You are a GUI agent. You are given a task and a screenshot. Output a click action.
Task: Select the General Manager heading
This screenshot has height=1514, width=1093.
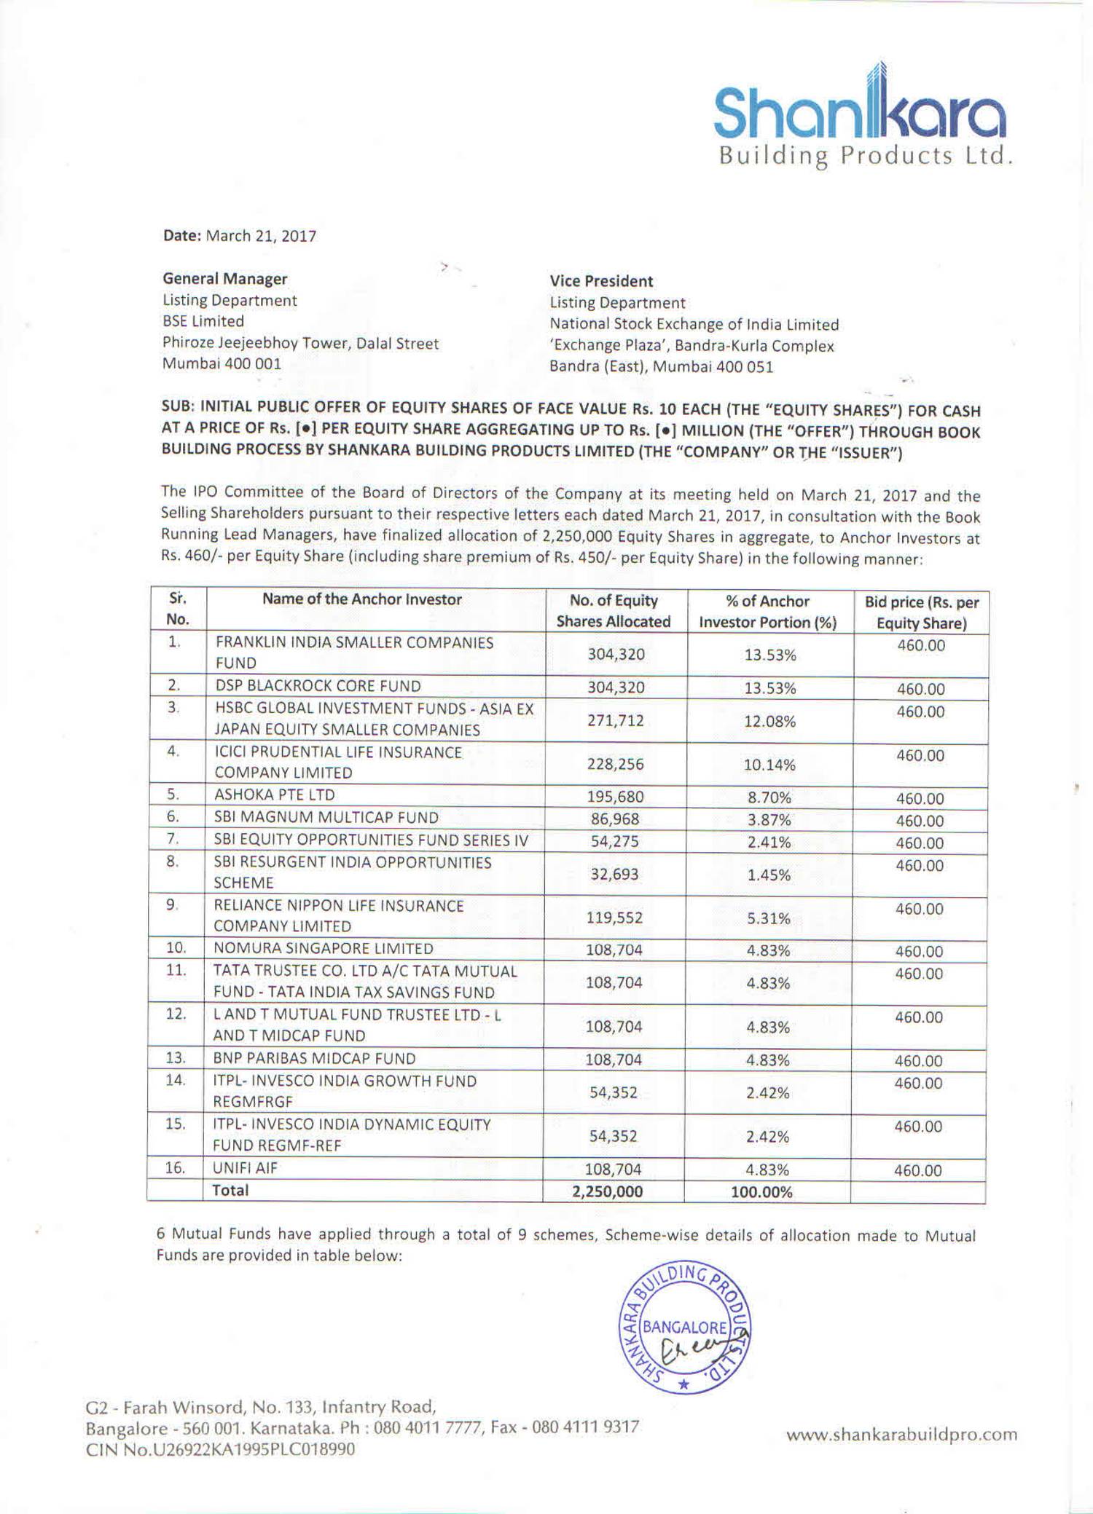224,278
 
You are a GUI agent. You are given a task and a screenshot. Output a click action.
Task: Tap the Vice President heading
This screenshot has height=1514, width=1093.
601,281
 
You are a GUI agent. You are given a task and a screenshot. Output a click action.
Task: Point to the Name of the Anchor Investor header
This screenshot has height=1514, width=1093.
362,599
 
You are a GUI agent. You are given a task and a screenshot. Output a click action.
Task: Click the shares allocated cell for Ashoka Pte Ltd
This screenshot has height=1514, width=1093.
615,797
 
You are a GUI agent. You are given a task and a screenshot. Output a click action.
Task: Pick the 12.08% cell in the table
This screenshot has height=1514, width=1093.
769,721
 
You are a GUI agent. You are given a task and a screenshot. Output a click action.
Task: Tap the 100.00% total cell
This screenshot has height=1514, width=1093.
761,1191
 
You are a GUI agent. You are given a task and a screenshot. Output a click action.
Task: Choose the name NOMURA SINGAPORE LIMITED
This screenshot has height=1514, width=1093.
323,948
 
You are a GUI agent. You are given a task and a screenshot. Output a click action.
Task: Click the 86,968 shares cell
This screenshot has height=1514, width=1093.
615,819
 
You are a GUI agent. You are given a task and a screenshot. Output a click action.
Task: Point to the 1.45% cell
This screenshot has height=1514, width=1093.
769,875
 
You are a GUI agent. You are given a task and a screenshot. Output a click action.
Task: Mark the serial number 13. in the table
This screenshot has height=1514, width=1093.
176,1058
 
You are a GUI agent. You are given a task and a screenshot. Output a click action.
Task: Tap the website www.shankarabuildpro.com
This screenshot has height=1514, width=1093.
901,1435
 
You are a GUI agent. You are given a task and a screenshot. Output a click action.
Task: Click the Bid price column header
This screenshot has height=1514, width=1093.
921,612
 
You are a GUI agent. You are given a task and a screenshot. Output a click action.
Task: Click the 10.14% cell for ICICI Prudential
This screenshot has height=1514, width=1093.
769,765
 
